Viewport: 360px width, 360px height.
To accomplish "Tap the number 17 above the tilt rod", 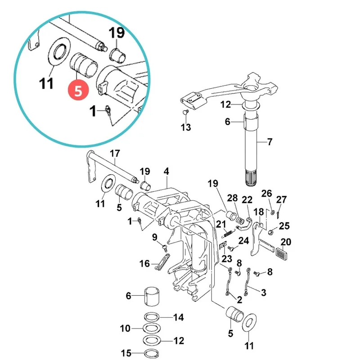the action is (x=115, y=153).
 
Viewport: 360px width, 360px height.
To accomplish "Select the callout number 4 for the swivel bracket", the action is (x=166, y=171).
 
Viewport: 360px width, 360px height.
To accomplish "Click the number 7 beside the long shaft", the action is (x=270, y=142).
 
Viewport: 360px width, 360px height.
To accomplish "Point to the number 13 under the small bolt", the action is (x=186, y=127).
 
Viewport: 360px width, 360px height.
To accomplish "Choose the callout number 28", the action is (x=232, y=198).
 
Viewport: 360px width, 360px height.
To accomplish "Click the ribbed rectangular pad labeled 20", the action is (x=281, y=253).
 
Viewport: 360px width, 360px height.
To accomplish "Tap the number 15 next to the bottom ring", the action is (x=126, y=353).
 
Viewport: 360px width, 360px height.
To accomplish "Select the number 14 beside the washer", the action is (x=178, y=317).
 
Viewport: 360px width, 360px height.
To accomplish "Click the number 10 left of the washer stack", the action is (x=125, y=328).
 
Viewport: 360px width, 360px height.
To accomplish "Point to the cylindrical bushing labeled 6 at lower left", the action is (x=152, y=296).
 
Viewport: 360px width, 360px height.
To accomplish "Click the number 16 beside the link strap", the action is (x=144, y=264).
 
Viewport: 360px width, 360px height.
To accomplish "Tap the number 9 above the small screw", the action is (x=155, y=237).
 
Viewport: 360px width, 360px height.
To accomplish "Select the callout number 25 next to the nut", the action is (x=284, y=226).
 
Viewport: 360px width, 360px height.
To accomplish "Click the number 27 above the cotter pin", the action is (x=282, y=199).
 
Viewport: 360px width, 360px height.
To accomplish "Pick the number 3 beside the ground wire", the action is (x=264, y=292).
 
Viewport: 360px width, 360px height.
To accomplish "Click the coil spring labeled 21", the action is (x=229, y=234).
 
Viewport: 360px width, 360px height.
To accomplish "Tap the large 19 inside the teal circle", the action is (x=117, y=32).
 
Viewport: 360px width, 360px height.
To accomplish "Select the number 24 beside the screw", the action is (x=243, y=241).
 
